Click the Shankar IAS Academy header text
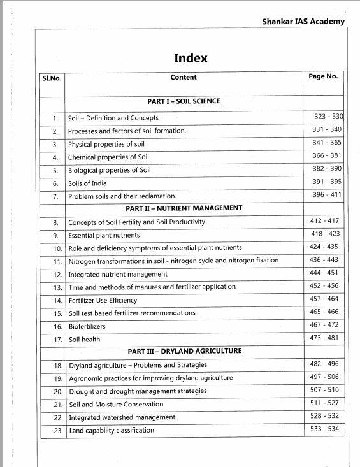(303, 21)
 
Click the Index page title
(191, 58)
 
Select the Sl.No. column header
(52, 78)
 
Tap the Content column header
(184, 77)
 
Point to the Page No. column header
(323, 76)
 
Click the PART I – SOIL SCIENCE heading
(184, 101)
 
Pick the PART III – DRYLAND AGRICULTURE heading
(184, 351)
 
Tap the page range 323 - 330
(328, 117)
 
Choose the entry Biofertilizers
(87, 326)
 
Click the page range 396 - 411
(328, 194)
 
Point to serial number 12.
(57, 275)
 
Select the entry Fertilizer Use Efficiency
(103, 300)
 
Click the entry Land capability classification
(112, 431)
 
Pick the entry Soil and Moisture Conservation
(116, 405)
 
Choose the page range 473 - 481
(324, 338)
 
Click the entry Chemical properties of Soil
(108, 157)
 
